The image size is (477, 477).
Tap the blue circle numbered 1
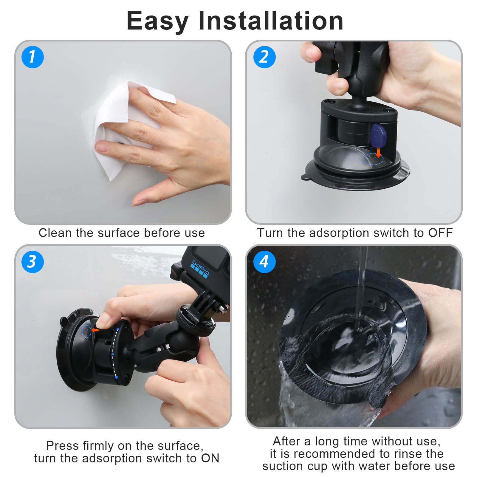(32, 57)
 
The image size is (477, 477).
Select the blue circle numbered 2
(264, 57)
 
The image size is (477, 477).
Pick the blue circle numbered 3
(32, 261)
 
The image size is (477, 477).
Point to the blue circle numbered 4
(264, 261)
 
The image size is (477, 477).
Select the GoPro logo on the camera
(200, 270)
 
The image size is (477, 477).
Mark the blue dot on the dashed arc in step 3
(116, 377)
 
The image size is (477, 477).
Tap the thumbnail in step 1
(103, 146)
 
